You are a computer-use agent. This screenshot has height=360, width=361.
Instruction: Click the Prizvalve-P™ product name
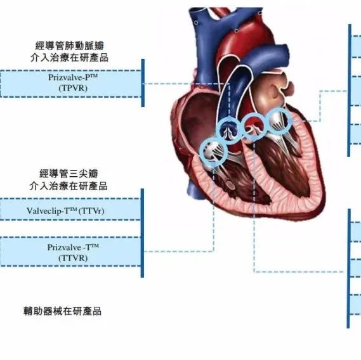coord(73,77)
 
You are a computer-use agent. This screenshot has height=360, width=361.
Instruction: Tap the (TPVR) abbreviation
coord(73,88)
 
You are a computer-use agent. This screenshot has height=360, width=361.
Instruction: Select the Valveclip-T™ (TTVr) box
coord(70,209)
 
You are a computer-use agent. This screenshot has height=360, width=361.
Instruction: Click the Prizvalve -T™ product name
coord(73,247)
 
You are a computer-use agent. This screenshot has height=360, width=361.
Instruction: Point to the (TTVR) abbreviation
coord(73,258)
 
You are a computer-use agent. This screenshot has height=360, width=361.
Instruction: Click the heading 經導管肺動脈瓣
coord(70,46)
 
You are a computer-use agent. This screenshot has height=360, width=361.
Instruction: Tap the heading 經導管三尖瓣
coord(69,174)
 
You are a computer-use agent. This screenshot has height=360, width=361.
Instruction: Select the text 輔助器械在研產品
coord(62,311)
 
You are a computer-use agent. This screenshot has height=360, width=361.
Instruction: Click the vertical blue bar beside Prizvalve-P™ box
coord(143,83)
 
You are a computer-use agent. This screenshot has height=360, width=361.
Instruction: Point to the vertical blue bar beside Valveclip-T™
coord(142,233)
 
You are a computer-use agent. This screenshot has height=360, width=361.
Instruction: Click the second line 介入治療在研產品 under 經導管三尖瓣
coord(69,186)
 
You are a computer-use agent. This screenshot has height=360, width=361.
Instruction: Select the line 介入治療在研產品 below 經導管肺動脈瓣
coord(69,58)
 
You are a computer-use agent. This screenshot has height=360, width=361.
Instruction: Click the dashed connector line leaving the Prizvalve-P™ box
coord(187,84)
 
